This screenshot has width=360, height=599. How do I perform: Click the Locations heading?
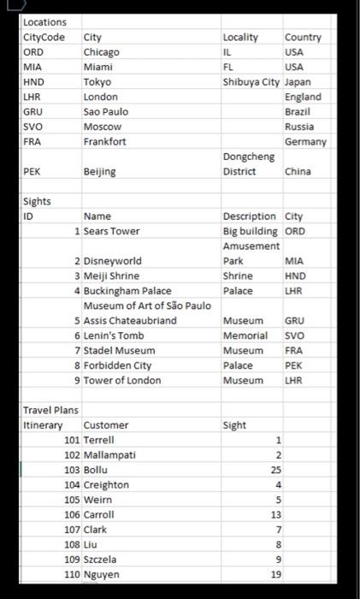tap(44, 21)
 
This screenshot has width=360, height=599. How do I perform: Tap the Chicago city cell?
tap(102, 52)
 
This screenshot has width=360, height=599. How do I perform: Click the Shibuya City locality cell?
tap(251, 82)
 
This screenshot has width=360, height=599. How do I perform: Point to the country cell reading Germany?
tap(305, 141)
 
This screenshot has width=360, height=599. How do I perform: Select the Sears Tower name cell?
tap(111, 231)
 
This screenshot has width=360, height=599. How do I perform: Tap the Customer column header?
tap(106, 425)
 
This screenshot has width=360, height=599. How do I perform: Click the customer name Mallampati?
tap(109, 455)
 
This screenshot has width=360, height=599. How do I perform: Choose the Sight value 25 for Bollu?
tap(275, 470)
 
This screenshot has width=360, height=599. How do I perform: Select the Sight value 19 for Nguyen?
tap(275, 574)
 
